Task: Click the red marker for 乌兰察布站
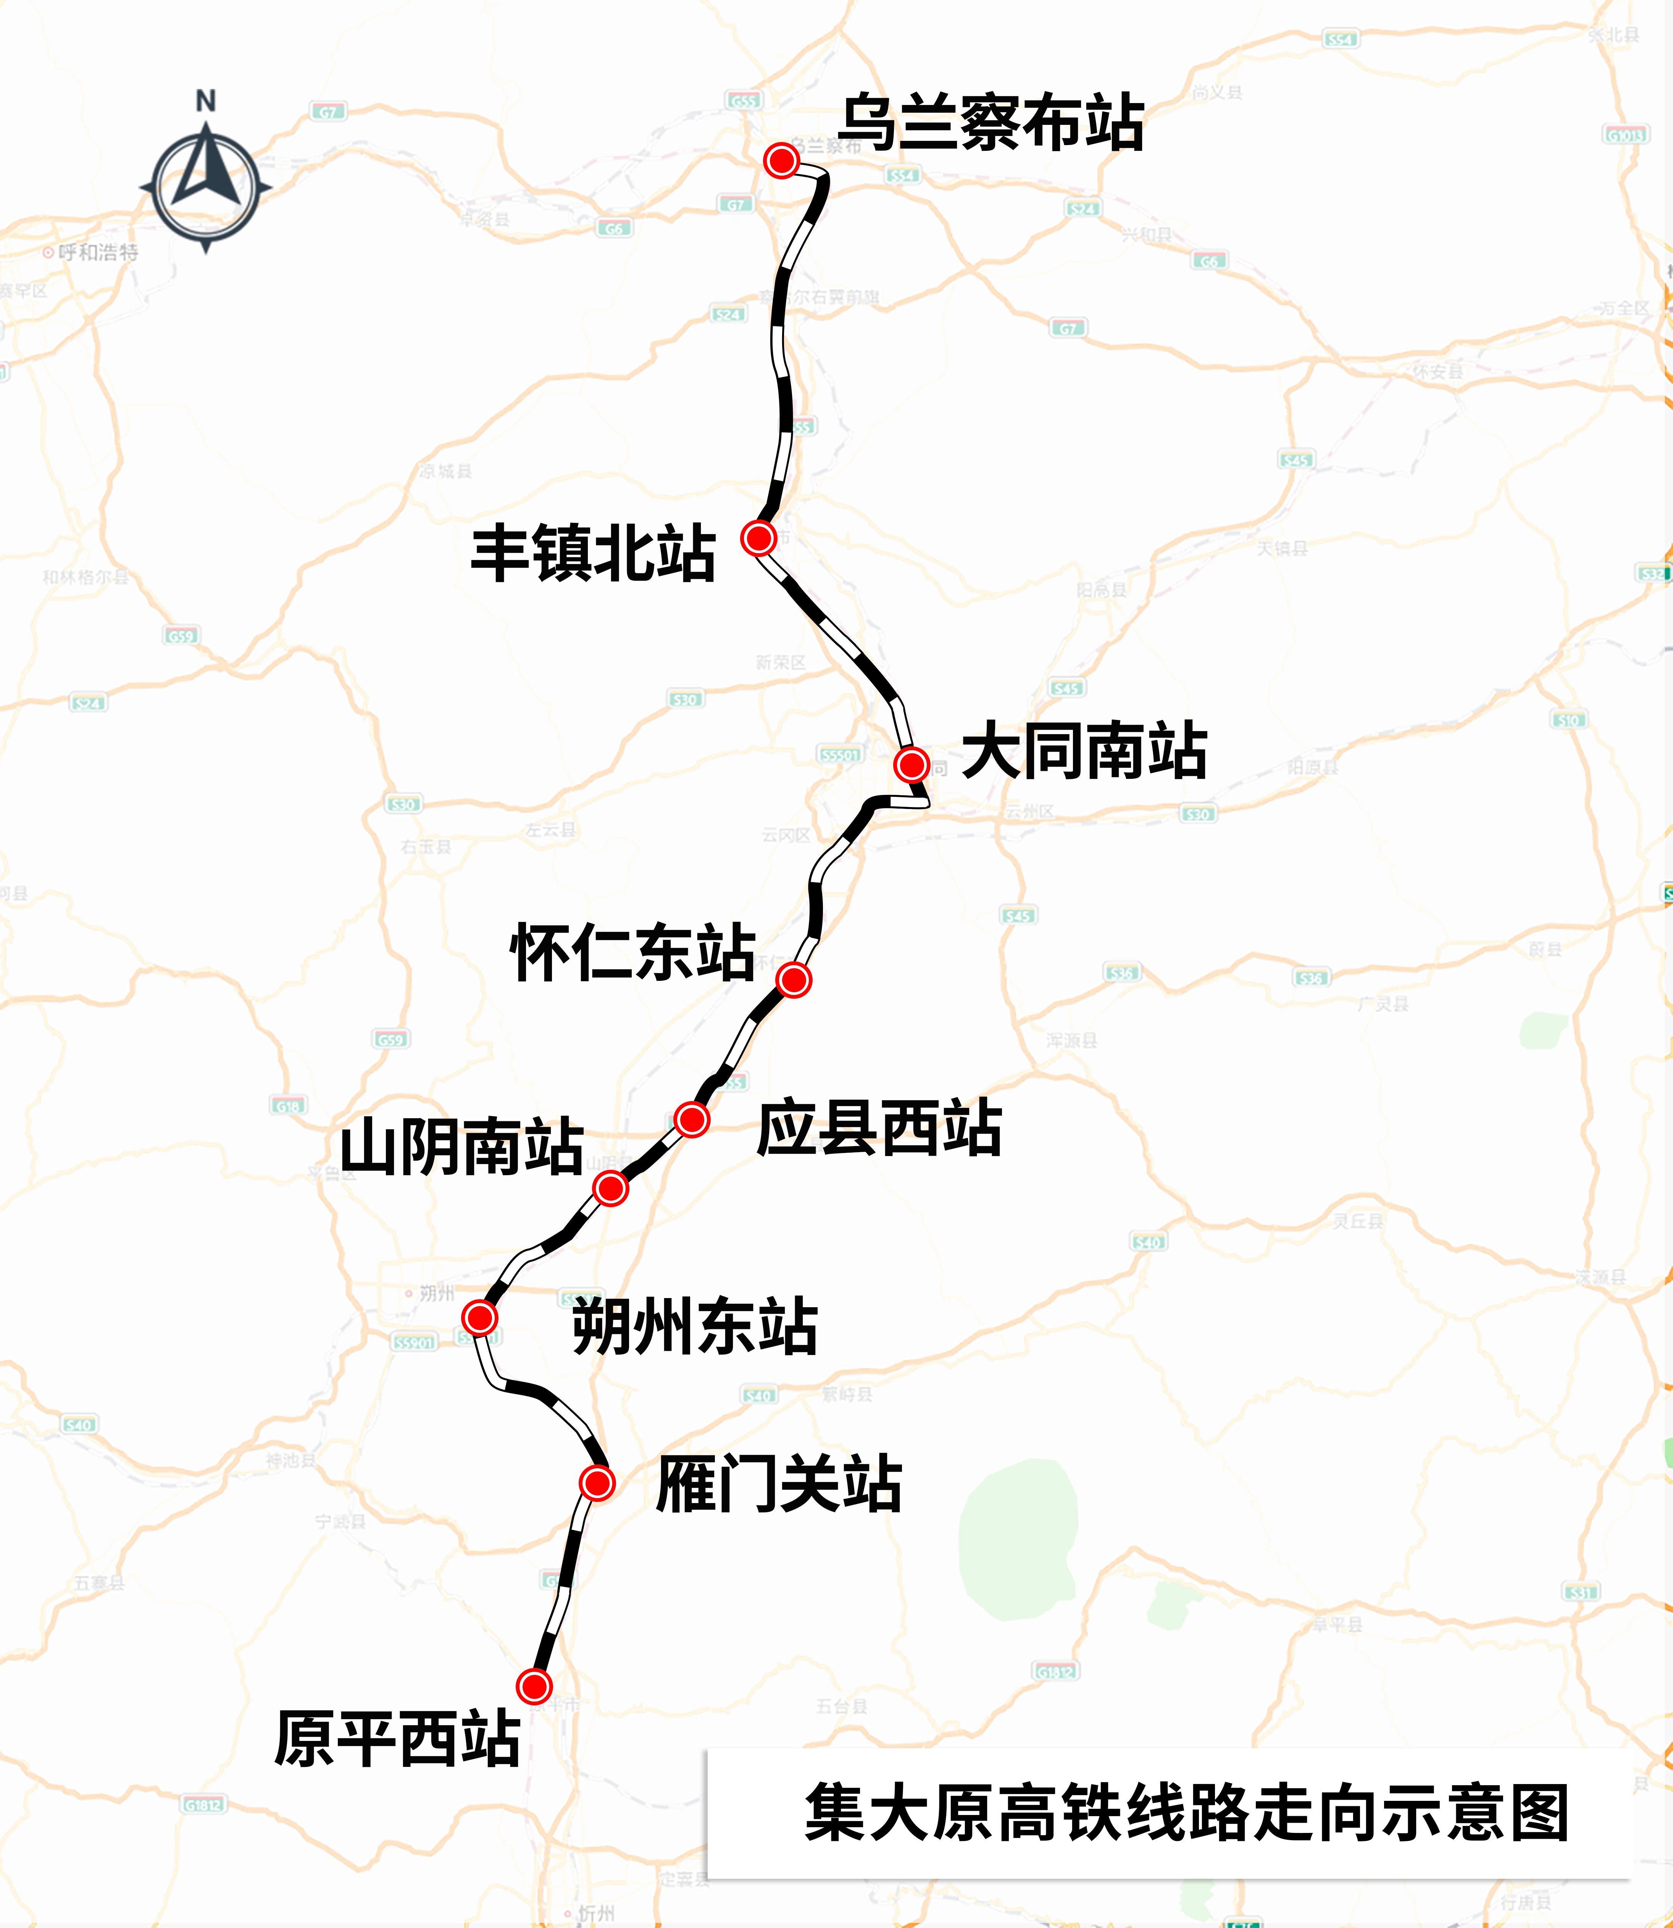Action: click(x=781, y=161)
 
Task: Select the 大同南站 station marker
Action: click(x=911, y=765)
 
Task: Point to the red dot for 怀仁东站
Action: click(x=794, y=980)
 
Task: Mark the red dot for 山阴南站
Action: click(x=611, y=1188)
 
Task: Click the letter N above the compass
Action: click(x=205, y=101)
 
